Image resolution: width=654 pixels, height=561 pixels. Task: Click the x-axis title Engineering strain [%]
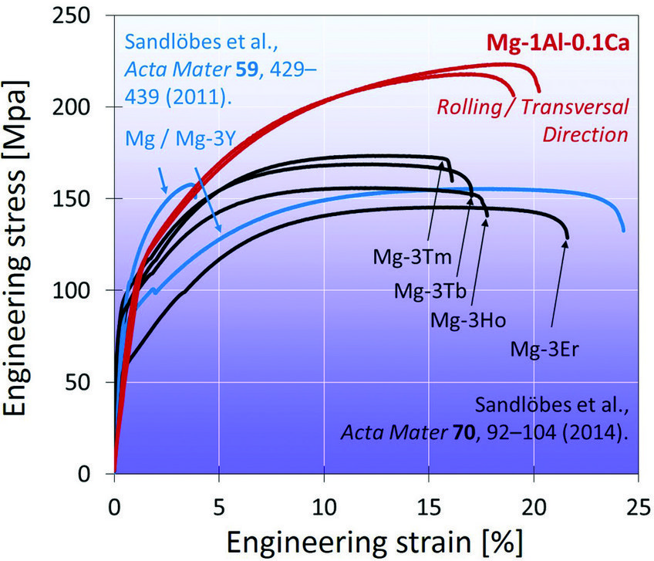[x=376, y=539]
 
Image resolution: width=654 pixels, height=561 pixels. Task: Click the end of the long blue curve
[x=623, y=230]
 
